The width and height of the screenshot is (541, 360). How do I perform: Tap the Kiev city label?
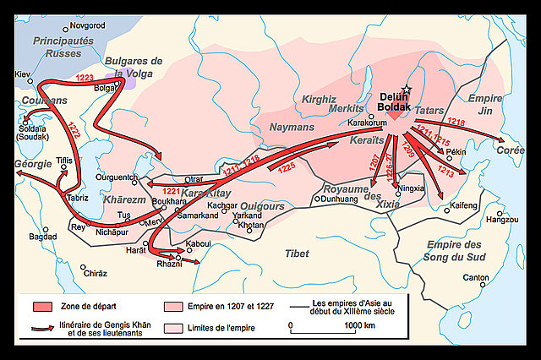(24, 74)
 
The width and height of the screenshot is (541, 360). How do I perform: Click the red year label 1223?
(85, 77)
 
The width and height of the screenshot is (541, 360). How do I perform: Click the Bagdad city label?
(42, 237)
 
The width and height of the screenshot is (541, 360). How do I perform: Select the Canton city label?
(477, 277)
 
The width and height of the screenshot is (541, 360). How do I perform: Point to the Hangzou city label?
(501, 219)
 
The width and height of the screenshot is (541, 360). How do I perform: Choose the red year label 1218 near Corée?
(456, 122)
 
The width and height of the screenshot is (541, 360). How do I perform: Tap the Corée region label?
(510, 149)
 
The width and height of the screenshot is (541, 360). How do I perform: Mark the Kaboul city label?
(200, 245)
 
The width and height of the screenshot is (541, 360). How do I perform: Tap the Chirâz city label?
(95, 274)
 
